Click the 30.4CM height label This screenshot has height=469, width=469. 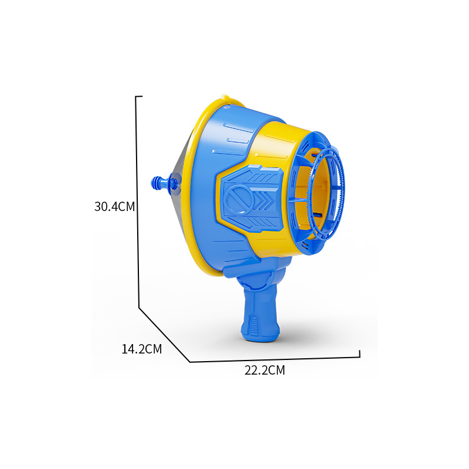[x=114, y=207]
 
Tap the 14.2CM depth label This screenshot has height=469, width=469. [x=141, y=349]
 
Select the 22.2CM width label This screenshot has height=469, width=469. [x=265, y=371]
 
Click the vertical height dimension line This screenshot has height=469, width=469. [x=138, y=202]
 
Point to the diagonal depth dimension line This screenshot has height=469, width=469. [x=164, y=335]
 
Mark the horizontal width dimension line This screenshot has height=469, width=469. [x=274, y=359]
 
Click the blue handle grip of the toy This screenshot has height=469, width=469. [x=260, y=314]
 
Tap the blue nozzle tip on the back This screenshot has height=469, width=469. [x=156, y=182]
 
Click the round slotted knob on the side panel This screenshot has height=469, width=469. [x=239, y=198]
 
